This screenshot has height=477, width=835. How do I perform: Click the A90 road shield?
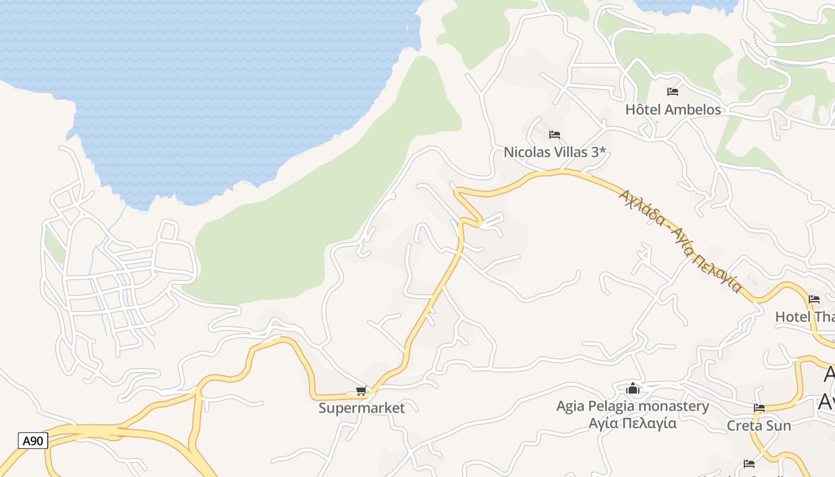(33, 441)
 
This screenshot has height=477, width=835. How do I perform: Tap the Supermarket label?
(361, 408)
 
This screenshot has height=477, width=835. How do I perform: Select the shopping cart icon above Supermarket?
(361, 391)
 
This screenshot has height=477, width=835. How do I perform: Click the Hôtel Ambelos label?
(673, 110)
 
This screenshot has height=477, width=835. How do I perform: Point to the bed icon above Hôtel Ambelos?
(673, 92)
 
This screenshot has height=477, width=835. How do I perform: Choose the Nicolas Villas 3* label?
(555, 152)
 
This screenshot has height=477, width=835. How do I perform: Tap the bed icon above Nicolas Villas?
(555, 135)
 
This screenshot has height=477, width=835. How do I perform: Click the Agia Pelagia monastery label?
(633, 407)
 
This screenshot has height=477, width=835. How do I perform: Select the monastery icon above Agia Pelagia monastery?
(633, 389)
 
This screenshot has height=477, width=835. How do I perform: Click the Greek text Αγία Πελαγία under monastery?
(633, 423)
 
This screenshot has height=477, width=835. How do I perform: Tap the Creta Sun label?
(759, 426)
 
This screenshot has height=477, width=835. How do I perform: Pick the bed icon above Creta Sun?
(759, 408)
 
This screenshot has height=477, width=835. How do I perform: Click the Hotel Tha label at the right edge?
(805, 317)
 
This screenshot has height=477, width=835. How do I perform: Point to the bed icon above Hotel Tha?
(814, 299)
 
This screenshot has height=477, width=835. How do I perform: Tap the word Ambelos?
(692, 110)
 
